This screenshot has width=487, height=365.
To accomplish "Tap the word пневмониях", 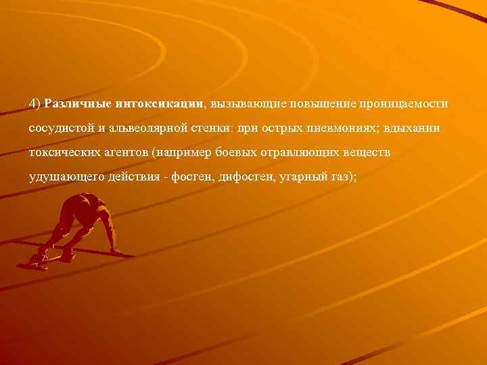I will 339,128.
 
